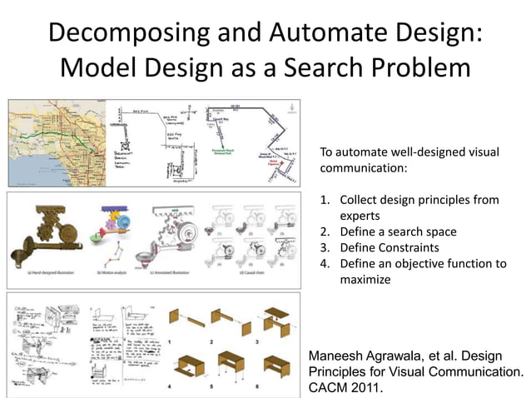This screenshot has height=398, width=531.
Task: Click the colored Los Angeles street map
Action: pos(56,142)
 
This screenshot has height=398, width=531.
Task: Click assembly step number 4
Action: pos(169,386)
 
